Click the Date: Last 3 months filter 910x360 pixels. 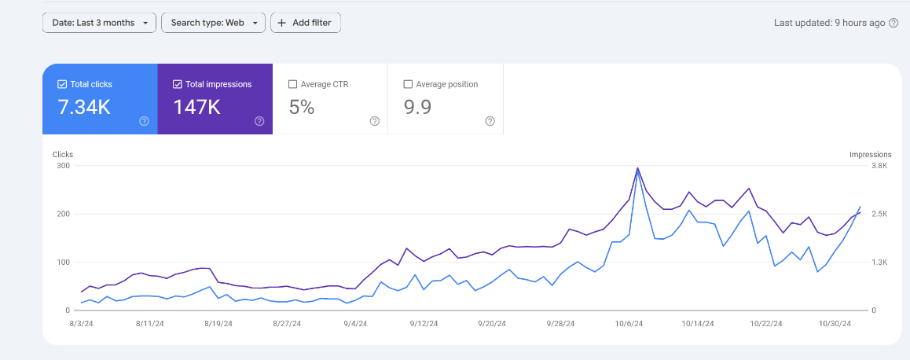click(99, 23)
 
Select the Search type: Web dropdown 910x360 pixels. click(214, 23)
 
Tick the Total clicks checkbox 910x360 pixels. click(62, 84)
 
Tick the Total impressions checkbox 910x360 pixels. click(177, 84)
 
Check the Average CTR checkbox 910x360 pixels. click(292, 84)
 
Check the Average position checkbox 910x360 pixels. click(407, 84)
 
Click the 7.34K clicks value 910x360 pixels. click(84, 107)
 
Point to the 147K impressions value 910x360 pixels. click(196, 107)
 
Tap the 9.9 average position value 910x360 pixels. click(417, 107)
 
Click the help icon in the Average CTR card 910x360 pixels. click(375, 121)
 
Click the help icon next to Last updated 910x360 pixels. click(893, 23)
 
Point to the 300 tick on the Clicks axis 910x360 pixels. click(63, 166)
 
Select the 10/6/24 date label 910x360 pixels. click(630, 323)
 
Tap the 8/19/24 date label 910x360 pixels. click(219, 323)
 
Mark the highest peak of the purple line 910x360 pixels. click(638, 167)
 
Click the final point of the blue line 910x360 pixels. click(860, 207)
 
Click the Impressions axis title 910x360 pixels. click(870, 154)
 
